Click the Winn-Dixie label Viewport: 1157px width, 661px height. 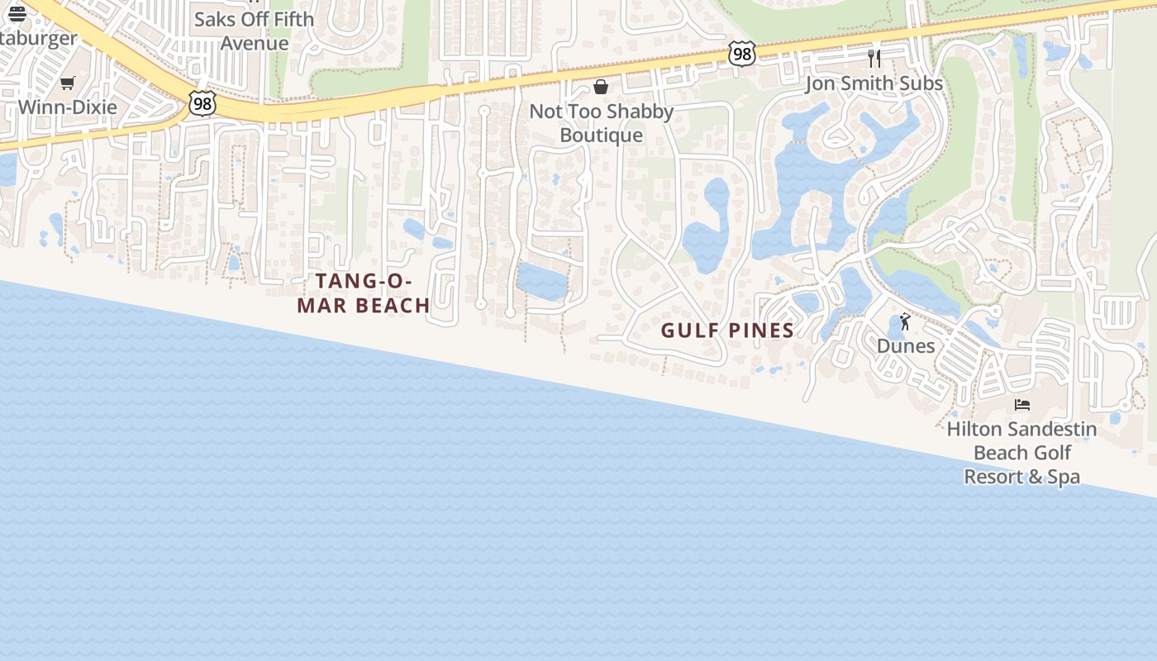tap(68, 107)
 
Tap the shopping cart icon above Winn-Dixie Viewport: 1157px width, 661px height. tap(68, 83)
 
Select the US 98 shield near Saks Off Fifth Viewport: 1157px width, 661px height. tap(202, 102)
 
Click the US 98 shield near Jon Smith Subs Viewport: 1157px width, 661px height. tap(742, 55)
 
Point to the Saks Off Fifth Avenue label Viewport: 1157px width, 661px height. tap(255, 31)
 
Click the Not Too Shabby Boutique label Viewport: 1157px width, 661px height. tap(601, 123)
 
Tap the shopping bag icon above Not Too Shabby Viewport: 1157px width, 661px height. tap(601, 87)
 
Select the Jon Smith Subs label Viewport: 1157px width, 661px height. tap(874, 83)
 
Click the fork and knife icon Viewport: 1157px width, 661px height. tap(874, 58)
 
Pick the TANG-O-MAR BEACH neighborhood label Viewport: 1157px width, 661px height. tap(364, 293)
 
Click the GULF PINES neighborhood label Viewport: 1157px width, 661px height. tap(727, 330)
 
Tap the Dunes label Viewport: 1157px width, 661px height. tap(906, 345)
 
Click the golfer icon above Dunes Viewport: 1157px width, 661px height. tap(905, 321)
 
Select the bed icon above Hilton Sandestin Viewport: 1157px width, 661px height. tap(1022, 405)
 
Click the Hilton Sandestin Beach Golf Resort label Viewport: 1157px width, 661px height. tap(1022, 453)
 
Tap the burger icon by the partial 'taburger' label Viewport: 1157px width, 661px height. tap(17, 13)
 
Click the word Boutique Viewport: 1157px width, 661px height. tap(601, 136)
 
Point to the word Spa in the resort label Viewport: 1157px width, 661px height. tap(1064, 477)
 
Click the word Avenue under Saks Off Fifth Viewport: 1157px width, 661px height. tap(255, 43)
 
